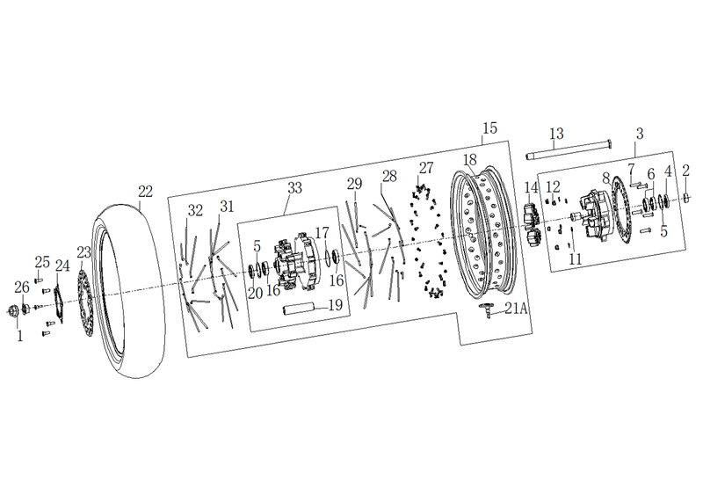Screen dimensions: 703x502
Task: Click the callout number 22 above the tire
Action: (x=145, y=192)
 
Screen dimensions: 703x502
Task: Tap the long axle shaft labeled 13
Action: (x=569, y=149)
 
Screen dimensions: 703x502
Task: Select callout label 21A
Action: (x=516, y=309)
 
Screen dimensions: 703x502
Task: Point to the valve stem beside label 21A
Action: (x=487, y=310)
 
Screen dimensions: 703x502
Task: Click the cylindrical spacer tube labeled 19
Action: (x=299, y=309)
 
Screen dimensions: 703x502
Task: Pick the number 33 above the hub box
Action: (x=294, y=187)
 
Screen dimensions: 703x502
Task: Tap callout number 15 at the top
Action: (x=490, y=127)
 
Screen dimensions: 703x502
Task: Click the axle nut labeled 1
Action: (x=14, y=310)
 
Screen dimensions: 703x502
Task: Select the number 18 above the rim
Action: (x=470, y=160)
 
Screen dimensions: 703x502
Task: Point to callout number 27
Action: (x=426, y=168)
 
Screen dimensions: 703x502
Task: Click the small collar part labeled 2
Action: (x=687, y=196)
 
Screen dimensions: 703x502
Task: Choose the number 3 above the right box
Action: (x=640, y=134)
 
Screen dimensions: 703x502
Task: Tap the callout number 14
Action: (x=531, y=187)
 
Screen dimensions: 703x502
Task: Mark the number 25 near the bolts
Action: (x=42, y=261)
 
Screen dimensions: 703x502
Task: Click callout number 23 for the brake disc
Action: (x=83, y=252)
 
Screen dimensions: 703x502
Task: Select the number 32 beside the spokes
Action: (x=195, y=210)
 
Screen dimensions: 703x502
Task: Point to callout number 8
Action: (x=606, y=178)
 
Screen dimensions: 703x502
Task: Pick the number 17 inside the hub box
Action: (x=322, y=233)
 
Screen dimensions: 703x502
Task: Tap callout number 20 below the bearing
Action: (x=255, y=294)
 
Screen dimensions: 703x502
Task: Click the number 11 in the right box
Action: (x=576, y=258)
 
